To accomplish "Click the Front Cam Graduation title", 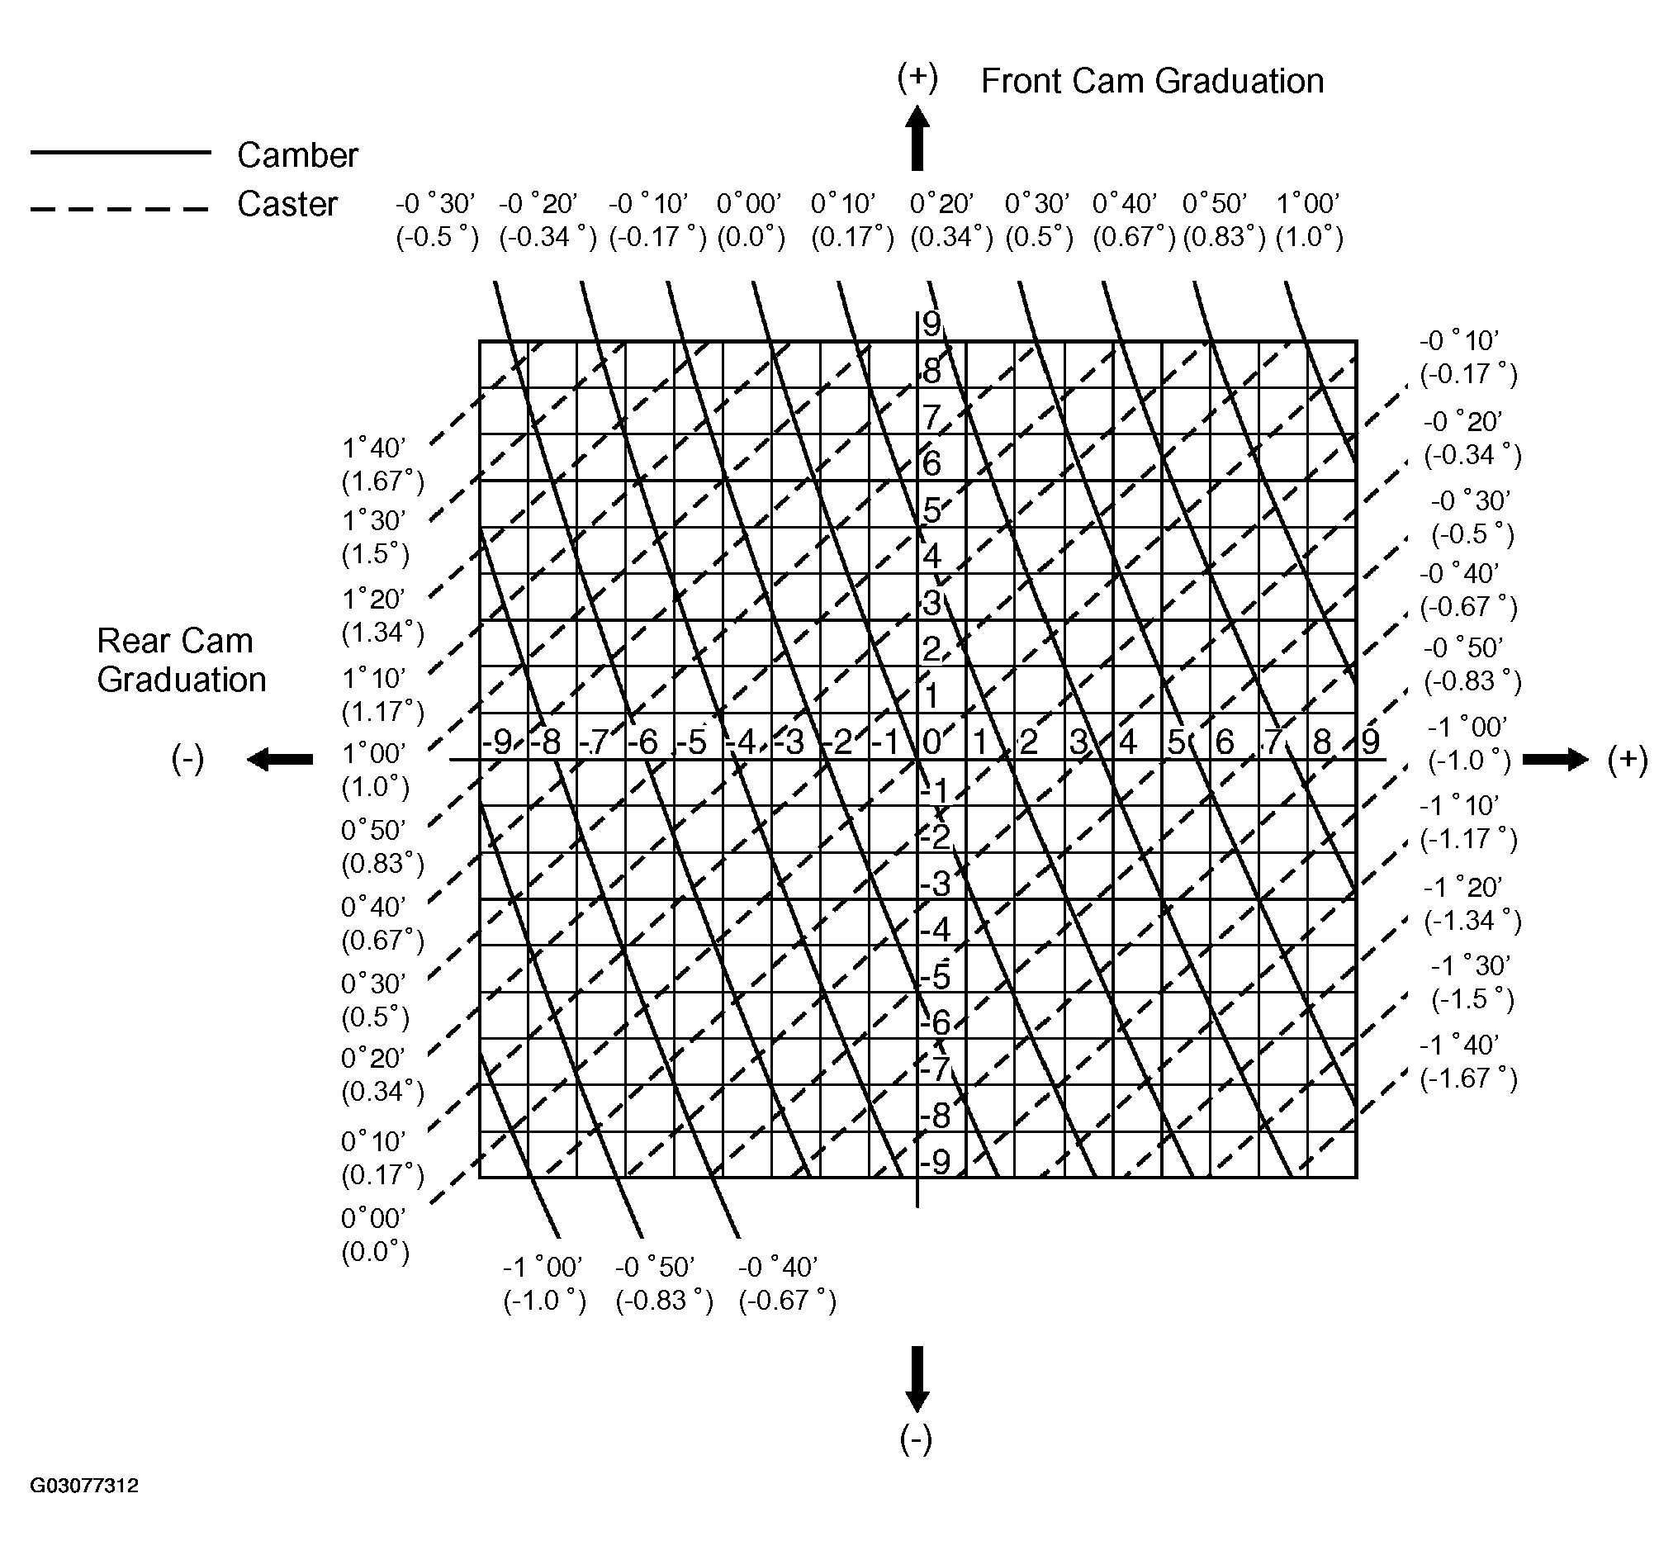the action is tap(1152, 82).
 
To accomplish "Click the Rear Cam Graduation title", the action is tap(181, 661).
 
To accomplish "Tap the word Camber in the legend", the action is tap(298, 154).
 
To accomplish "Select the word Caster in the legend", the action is tap(287, 205).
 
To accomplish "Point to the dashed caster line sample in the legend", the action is tap(120, 208).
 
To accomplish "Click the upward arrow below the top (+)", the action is tap(917, 138).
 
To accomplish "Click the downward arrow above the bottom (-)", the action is tap(917, 1379).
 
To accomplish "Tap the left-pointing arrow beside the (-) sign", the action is tap(279, 760).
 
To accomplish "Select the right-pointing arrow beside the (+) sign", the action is tap(1556, 760).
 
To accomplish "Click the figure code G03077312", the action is tap(84, 1485).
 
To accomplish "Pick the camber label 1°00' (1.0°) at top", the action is tap(1310, 220).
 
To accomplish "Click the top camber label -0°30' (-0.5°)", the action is tap(437, 220).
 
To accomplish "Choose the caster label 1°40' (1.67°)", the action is tap(383, 464).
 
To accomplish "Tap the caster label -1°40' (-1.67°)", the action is tap(1469, 1062).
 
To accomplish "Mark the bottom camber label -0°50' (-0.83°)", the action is tap(664, 1284).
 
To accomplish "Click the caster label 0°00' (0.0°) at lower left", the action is tap(375, 1235).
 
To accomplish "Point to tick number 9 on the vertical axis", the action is tap(931, 324).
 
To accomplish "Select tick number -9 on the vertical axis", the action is tap(936, 1162).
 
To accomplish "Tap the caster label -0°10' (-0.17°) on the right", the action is tap(1469, 358).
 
